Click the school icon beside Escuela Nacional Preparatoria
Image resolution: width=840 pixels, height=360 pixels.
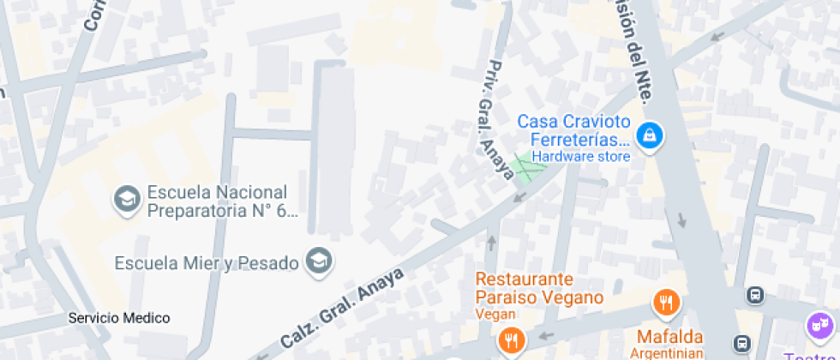pyautogui.click(x=127, y=200)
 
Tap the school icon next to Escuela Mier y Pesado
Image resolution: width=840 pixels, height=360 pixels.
pyautogui.click(x=320, y=260)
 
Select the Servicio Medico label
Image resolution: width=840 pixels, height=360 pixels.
pyautogui.click(x=119, y=318)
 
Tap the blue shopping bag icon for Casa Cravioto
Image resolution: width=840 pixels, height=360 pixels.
pyautogui.click(x=651, y=135)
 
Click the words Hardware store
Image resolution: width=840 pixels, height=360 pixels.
pyautogui.click(x=580, y=157)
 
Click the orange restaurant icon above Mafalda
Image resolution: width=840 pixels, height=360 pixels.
pyautogui.click(x=666, y=302)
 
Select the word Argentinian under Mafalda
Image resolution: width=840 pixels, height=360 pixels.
pyautogui.click(x=669, y=352)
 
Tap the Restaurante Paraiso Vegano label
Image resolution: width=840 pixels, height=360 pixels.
pyautogui.click(x=538, y=288)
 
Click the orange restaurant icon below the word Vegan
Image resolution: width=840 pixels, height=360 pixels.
pyautogui.click(x=512, y=340)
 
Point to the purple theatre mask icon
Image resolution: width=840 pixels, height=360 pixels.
pyautogui.click(x=820, y=326)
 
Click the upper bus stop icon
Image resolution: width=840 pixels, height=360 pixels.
pyautogui.click(x=755, y=295)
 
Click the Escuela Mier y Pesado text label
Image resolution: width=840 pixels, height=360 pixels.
pyautogui.click(x=207, y=261)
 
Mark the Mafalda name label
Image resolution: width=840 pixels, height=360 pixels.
pyautogui.click(x=669, y=336)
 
